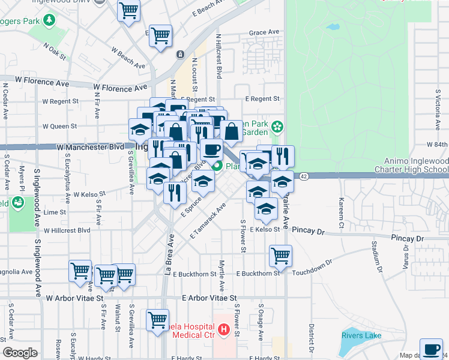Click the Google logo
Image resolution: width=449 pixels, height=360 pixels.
point(20,353)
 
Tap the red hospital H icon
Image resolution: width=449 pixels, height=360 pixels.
point(224,329)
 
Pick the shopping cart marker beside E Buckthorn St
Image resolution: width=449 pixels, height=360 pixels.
point(280,256)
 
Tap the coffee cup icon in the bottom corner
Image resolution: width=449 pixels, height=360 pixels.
point(430,349)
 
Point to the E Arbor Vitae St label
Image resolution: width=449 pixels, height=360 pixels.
point(209,298)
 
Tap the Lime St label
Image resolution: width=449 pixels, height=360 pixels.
point(55,212)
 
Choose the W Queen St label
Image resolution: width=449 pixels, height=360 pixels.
point(59,127)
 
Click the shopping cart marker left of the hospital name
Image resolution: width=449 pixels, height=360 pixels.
point(158,320)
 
